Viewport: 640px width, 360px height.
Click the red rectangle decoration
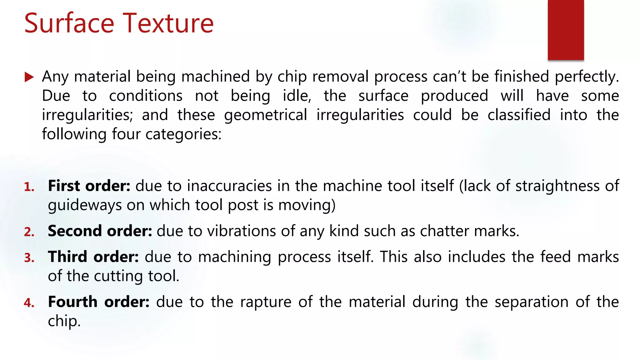point(566,30)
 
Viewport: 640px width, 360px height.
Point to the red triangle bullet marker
point(29,77)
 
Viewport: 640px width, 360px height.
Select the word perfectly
point(587,77)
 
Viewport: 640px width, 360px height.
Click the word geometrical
point(266,115)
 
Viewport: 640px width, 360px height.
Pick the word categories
point(183,134)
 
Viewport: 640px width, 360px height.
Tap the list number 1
point(29,187)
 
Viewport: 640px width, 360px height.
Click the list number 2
point(29,232)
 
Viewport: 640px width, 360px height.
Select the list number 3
point(29,258)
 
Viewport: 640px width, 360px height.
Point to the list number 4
point(29,303)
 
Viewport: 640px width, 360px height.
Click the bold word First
point(64,186)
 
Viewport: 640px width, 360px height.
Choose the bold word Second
point(75,231)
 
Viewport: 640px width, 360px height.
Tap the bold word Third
point(67,257)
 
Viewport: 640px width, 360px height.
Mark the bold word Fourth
point(73,302)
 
